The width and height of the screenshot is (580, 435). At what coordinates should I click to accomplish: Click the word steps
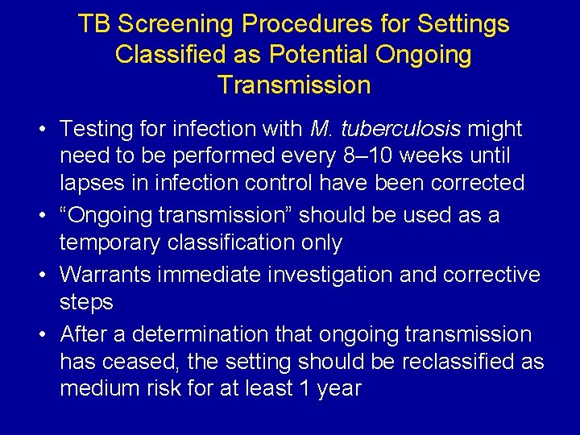pos(86,302)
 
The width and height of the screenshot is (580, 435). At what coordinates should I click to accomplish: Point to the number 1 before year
pos(302,388)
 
